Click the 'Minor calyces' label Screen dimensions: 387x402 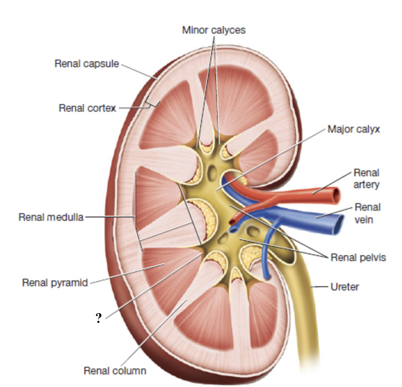(x=214, y=30)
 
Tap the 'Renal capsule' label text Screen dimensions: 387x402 (x=87, y=64)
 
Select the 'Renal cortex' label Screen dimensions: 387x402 (x=87, y=108)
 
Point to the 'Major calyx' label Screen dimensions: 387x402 (x=354, y=129)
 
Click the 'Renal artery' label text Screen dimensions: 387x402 (x=366, y=178)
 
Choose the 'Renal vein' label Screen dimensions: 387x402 (x=367, y=213)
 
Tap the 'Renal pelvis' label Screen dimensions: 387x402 (x=358, y=257)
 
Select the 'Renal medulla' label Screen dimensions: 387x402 (x=51, y=217)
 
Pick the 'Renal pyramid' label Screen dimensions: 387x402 (x=55, y=283)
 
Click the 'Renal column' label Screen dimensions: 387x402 (x=115, y=370)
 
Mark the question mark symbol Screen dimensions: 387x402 (x=98, y=319)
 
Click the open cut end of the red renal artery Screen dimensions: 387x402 (x=336, y=195)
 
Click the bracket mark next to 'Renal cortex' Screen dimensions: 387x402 (x=152, y=102)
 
